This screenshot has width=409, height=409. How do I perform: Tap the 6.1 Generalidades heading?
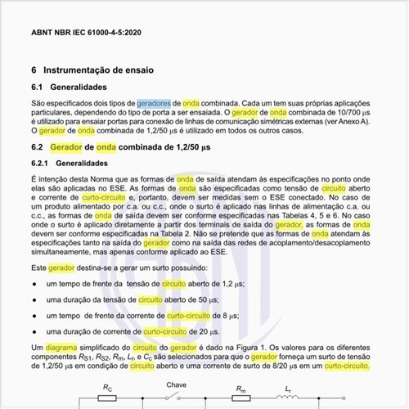click(x=79, y=87)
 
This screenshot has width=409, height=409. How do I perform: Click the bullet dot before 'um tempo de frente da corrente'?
click(x=33, y=316)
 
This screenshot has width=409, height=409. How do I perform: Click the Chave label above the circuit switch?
click(x=177, y=384)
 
